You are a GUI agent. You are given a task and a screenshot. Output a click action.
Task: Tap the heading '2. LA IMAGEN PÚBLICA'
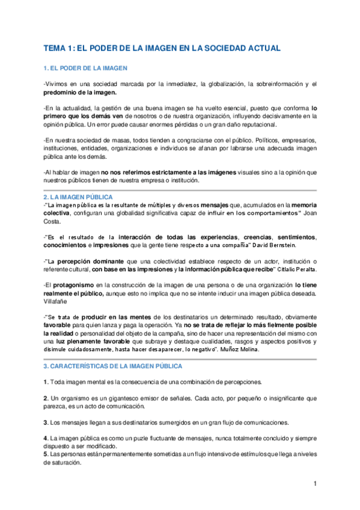(79, 197)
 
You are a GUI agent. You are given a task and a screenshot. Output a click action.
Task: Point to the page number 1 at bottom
(315, 484)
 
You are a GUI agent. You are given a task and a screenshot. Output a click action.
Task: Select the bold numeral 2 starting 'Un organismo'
(46, 398)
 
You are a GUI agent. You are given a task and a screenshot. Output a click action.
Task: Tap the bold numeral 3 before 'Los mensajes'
(46, 422)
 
